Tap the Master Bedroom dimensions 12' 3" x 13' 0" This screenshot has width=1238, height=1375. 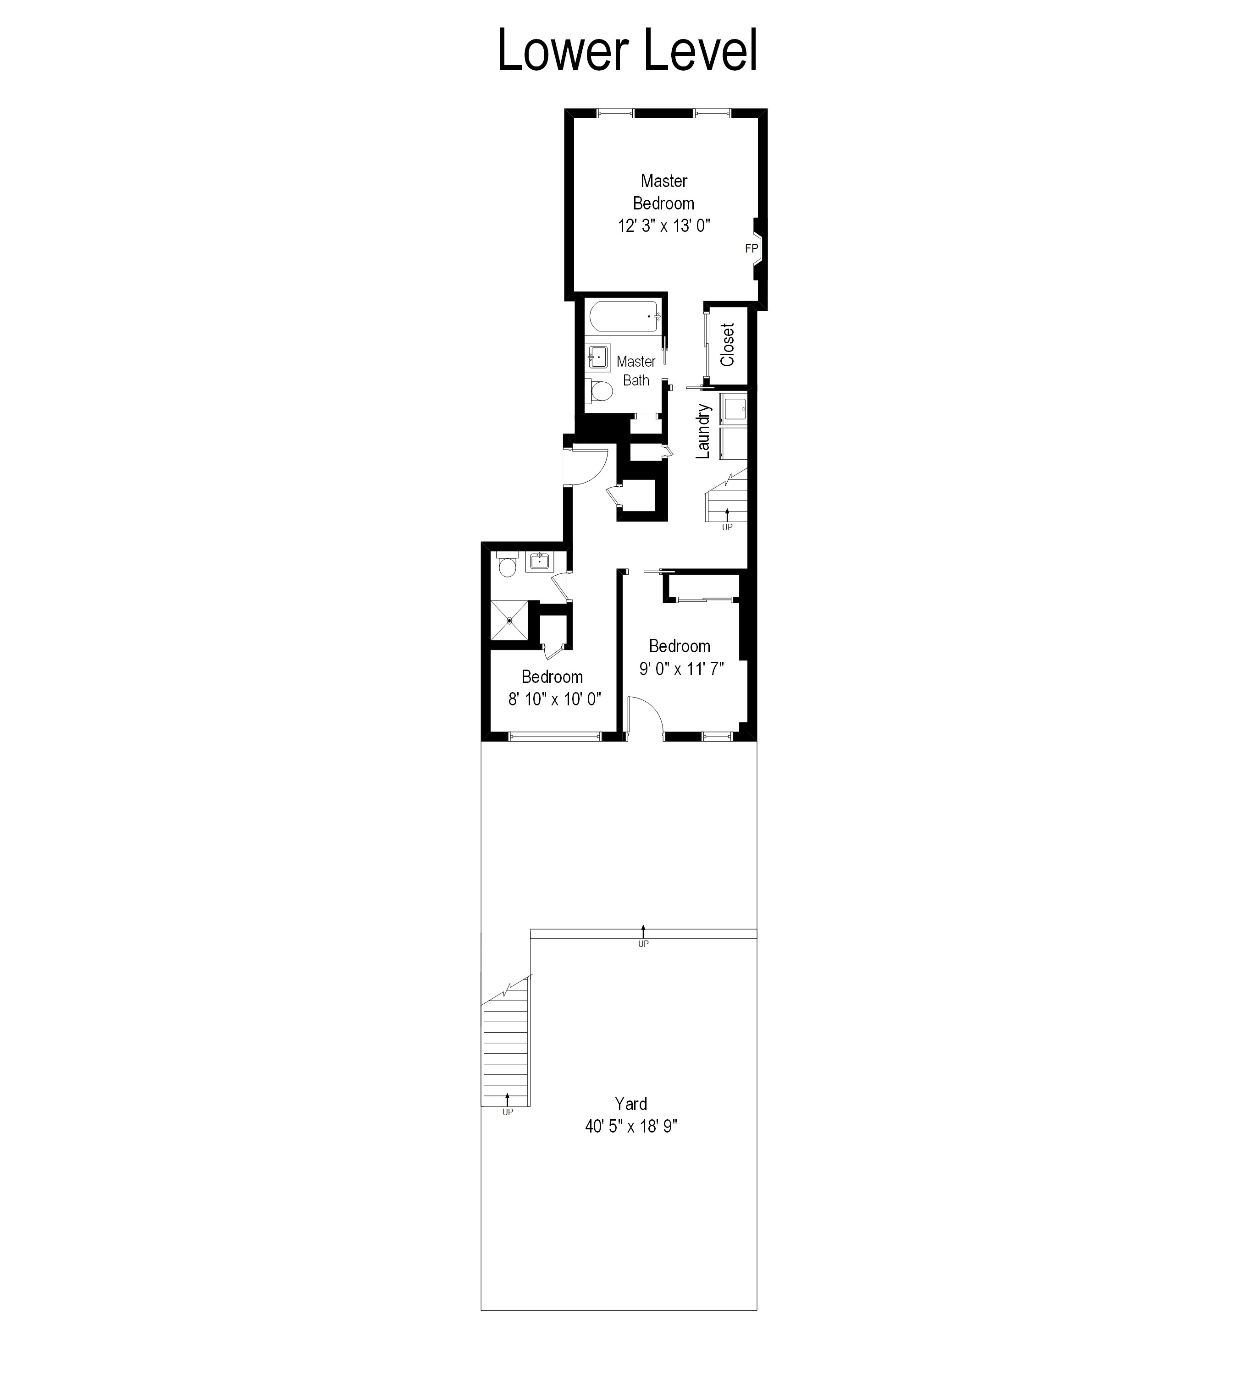tap(664, 226)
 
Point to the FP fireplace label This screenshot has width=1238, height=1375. tap(751, 249)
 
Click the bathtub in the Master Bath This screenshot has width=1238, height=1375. tap(623, 316)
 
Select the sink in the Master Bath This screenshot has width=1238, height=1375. tap(598, 356)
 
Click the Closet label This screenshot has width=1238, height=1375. tap(727, 345)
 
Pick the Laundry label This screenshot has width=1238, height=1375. tap(703, 432)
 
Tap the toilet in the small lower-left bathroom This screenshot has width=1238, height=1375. tap(507, 566)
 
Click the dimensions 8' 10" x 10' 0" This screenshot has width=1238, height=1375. tap(554, 699)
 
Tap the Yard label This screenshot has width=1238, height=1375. tap(630, 1104)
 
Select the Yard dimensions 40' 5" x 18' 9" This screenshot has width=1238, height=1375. tap(630, 1127)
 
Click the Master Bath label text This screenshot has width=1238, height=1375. tap(636, 371)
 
